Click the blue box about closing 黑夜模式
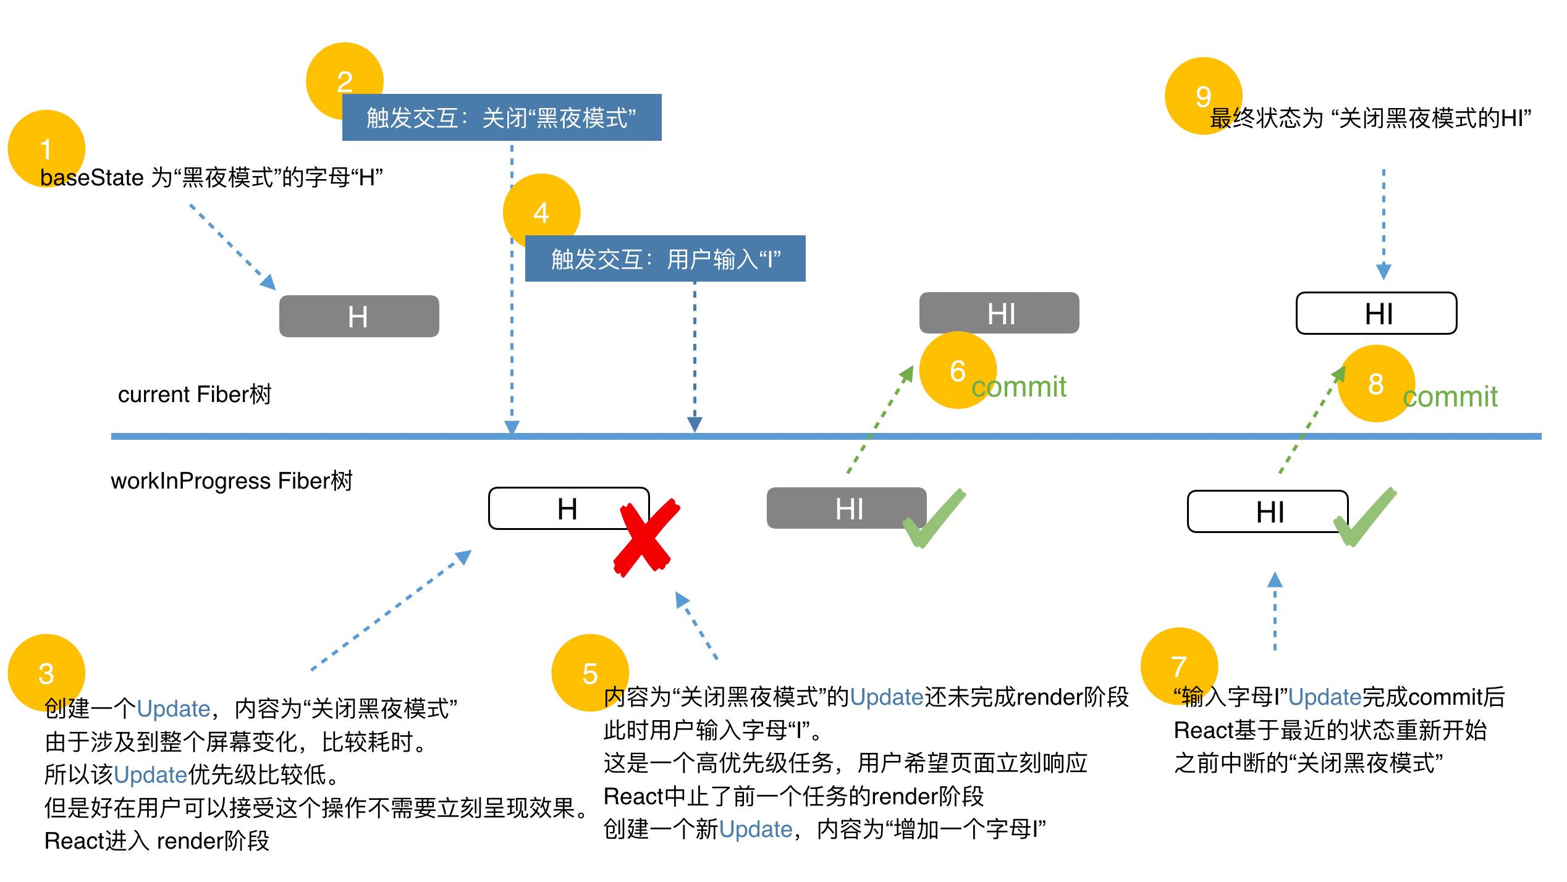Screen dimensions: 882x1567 point(501,117)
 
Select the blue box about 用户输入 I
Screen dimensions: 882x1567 point(665,259)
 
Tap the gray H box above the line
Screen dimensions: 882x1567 point(359,316)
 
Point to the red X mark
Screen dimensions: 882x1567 point(646,537)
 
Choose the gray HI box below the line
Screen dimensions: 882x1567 point(846,508)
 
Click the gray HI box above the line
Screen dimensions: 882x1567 point(999,313)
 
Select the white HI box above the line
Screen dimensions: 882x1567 point(1376,313)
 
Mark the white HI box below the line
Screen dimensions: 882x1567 point(1267,511)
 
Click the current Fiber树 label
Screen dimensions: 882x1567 point(195,394)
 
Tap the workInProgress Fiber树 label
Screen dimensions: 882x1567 point(231,481)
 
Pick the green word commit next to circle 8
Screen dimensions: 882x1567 point(1450,397)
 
